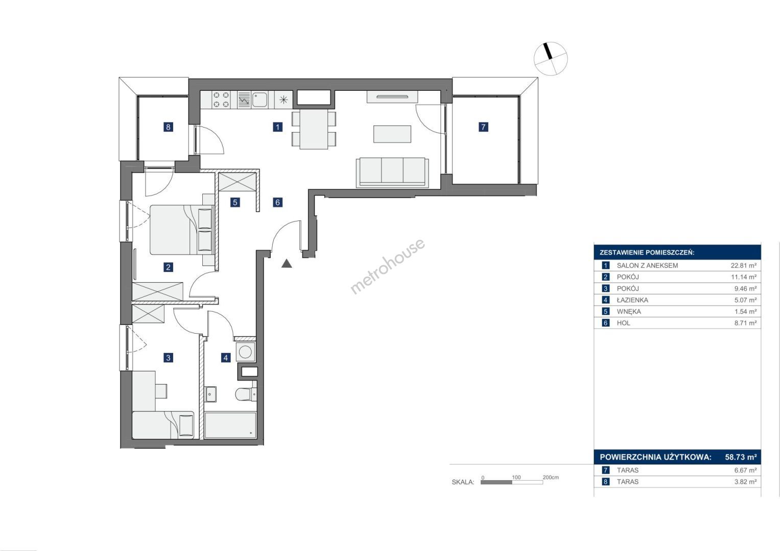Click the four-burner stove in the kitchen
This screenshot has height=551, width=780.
coord(221,99)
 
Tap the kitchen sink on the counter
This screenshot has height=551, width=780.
coord(259,99)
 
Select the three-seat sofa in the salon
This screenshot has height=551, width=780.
coord(392,172)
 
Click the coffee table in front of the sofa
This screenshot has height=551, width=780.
coord(392,134)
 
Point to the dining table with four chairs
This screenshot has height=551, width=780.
coord(314,129)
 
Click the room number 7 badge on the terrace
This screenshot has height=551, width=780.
coord(483,127)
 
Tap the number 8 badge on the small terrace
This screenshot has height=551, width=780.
coord(168,127)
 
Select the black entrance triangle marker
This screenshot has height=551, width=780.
coord(287,264)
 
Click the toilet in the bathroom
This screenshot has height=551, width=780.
coord(246,394)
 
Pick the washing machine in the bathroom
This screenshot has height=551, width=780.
coord(245,352)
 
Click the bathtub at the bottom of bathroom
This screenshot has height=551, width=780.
coord(230,425)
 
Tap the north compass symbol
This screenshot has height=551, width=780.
coord(551,59)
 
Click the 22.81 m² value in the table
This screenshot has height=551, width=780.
coord(744,265)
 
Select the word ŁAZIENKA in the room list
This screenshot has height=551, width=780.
coord(632,300)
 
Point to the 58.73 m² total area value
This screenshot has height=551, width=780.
coord(741,457)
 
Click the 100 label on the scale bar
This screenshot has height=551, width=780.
coord(516,477)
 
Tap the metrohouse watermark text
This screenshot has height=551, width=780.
coord(387,266)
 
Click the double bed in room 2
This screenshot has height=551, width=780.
coord(182,230)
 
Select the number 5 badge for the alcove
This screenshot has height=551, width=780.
coord(235,202)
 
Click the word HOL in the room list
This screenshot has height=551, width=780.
coord(623,323)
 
